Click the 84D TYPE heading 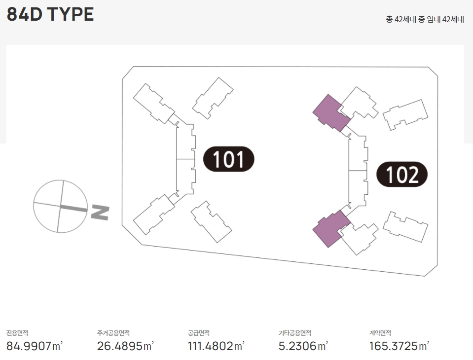click(50, 14)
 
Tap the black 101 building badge click(229, 159)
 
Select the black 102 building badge click(402, 175)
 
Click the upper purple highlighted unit click(331, 113)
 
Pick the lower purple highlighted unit click(331, 228)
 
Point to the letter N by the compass click(100, 213)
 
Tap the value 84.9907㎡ click(35, 346)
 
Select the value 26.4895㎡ click(125, 346)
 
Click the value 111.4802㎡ click(216, 346)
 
